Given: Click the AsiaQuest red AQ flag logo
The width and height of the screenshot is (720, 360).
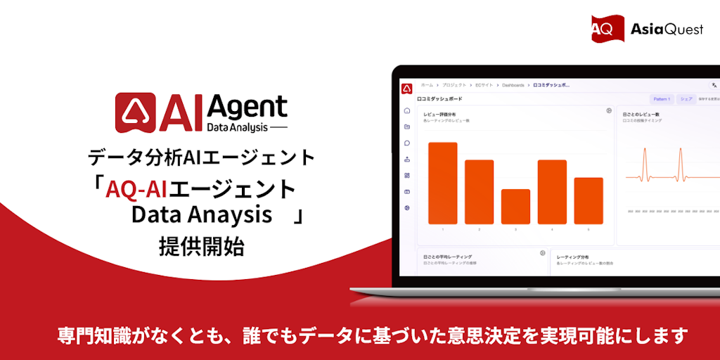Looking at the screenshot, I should click(606, 28).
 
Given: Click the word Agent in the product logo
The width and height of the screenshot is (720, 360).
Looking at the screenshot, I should click(247, 108).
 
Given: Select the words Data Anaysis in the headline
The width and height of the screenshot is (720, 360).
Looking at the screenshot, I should click(201, 215).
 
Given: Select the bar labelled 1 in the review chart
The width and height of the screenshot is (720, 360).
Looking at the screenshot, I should click(443, 183).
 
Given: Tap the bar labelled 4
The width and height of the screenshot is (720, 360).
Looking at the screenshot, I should click(552, 191).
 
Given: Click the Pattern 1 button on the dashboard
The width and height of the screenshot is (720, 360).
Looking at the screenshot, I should click(661, 100).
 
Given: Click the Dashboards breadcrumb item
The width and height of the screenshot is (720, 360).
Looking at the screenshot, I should click(514, 85).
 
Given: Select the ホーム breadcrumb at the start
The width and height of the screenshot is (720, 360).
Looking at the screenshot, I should click(427, 85).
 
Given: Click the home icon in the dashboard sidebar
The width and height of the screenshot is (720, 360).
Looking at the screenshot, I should click(407, 111).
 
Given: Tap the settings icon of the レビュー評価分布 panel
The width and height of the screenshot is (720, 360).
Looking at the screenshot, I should click(609, 111).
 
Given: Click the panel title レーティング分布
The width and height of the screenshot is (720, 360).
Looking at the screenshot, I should click(574, 257).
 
